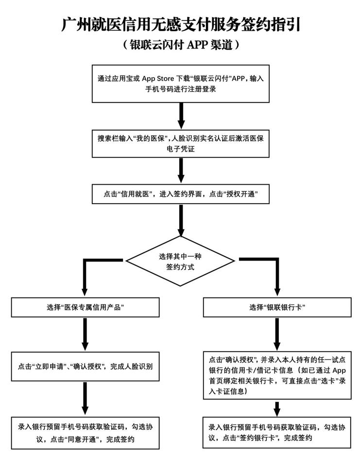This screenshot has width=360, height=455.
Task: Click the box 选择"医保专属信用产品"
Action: (x=85, y=307)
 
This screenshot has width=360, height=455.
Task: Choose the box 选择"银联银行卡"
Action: (x=277, y=307)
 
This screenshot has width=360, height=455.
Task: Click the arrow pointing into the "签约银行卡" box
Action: (x=276, y=409)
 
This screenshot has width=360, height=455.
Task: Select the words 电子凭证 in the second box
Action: (x=180, y=149)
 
